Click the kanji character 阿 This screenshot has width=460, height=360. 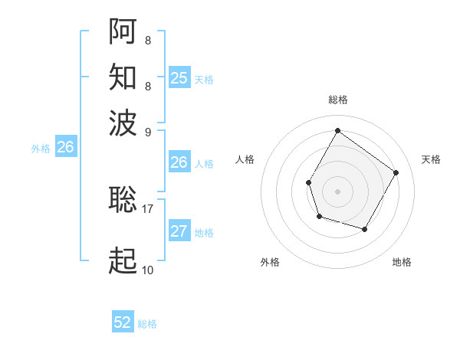pyautogui.click(x=123, y=31)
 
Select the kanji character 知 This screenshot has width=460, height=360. pyautogui.click(x=123, y=77)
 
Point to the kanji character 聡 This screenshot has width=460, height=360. pyautogui.click(x=123, y=199)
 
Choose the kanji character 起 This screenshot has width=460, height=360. pyautogui.click(x=123, y=261)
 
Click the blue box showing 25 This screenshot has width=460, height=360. pyautogui.click(x=179, y=78)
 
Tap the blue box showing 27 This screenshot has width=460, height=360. pyautogui.click(x=179, y=232)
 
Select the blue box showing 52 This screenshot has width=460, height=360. pyautogui.click(x=123, y=323)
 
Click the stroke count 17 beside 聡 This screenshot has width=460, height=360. pyautogui.click(x=148, y=207)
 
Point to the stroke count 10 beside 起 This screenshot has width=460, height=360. pyautogui.click(x=148, y=270)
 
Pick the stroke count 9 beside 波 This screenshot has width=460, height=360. pyautogui.click(x=148, y=130)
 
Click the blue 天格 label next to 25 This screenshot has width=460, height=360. pyautogui.click(x=204, y=79)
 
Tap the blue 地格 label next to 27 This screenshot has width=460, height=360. pyautogui.click(x=204, y=233)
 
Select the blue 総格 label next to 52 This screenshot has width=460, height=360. pyautogui.click(x=147, y=324)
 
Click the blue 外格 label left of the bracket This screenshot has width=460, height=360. pyautogui.click(x=41, y=149)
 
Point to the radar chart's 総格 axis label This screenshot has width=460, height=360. pyautogui.click(x=337, y=100)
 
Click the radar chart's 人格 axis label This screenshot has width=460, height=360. pyautogui.click(x=245, y=159)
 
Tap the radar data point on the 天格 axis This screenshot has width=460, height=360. pyautogui.click(x=396, y=172)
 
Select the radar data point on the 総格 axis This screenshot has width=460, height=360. pyautogui.click(x=337, y=130)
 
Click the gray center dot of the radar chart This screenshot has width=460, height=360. pyautogui.click(x=337, y=191)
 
